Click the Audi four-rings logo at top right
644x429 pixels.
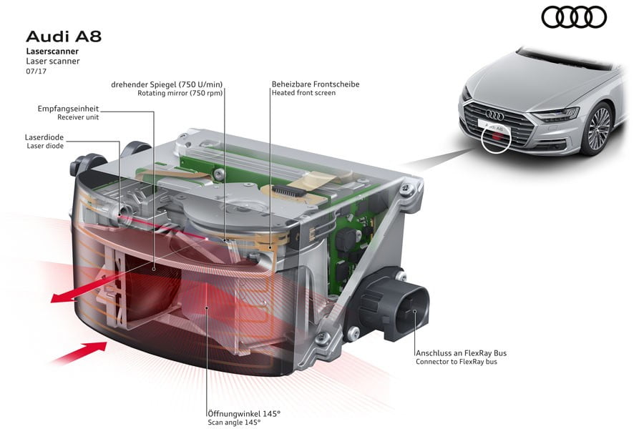pyautogui.click(x=574, y=16)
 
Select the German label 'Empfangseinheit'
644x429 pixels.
pyautogui.click(x=68, y=109)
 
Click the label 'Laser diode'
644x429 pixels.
pyautogui.click(x=44, y=146)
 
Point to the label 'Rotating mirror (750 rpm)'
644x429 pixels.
pyautogui.click(x=180, y=93)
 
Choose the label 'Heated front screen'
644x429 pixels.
pyautogui.click(x=303, y=93)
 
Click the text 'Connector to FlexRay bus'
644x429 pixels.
pyautogui.click(x=456, y=362)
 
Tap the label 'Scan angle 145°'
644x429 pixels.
pyautogui.click(x=234, y=423)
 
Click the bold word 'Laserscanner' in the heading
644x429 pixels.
pyautogui.click(x=52, y=51)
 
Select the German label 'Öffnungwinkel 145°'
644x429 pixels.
pyautogui.click(x=243, y=413)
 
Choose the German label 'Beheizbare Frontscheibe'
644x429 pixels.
pyautogui.click(x=316, y=84)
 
